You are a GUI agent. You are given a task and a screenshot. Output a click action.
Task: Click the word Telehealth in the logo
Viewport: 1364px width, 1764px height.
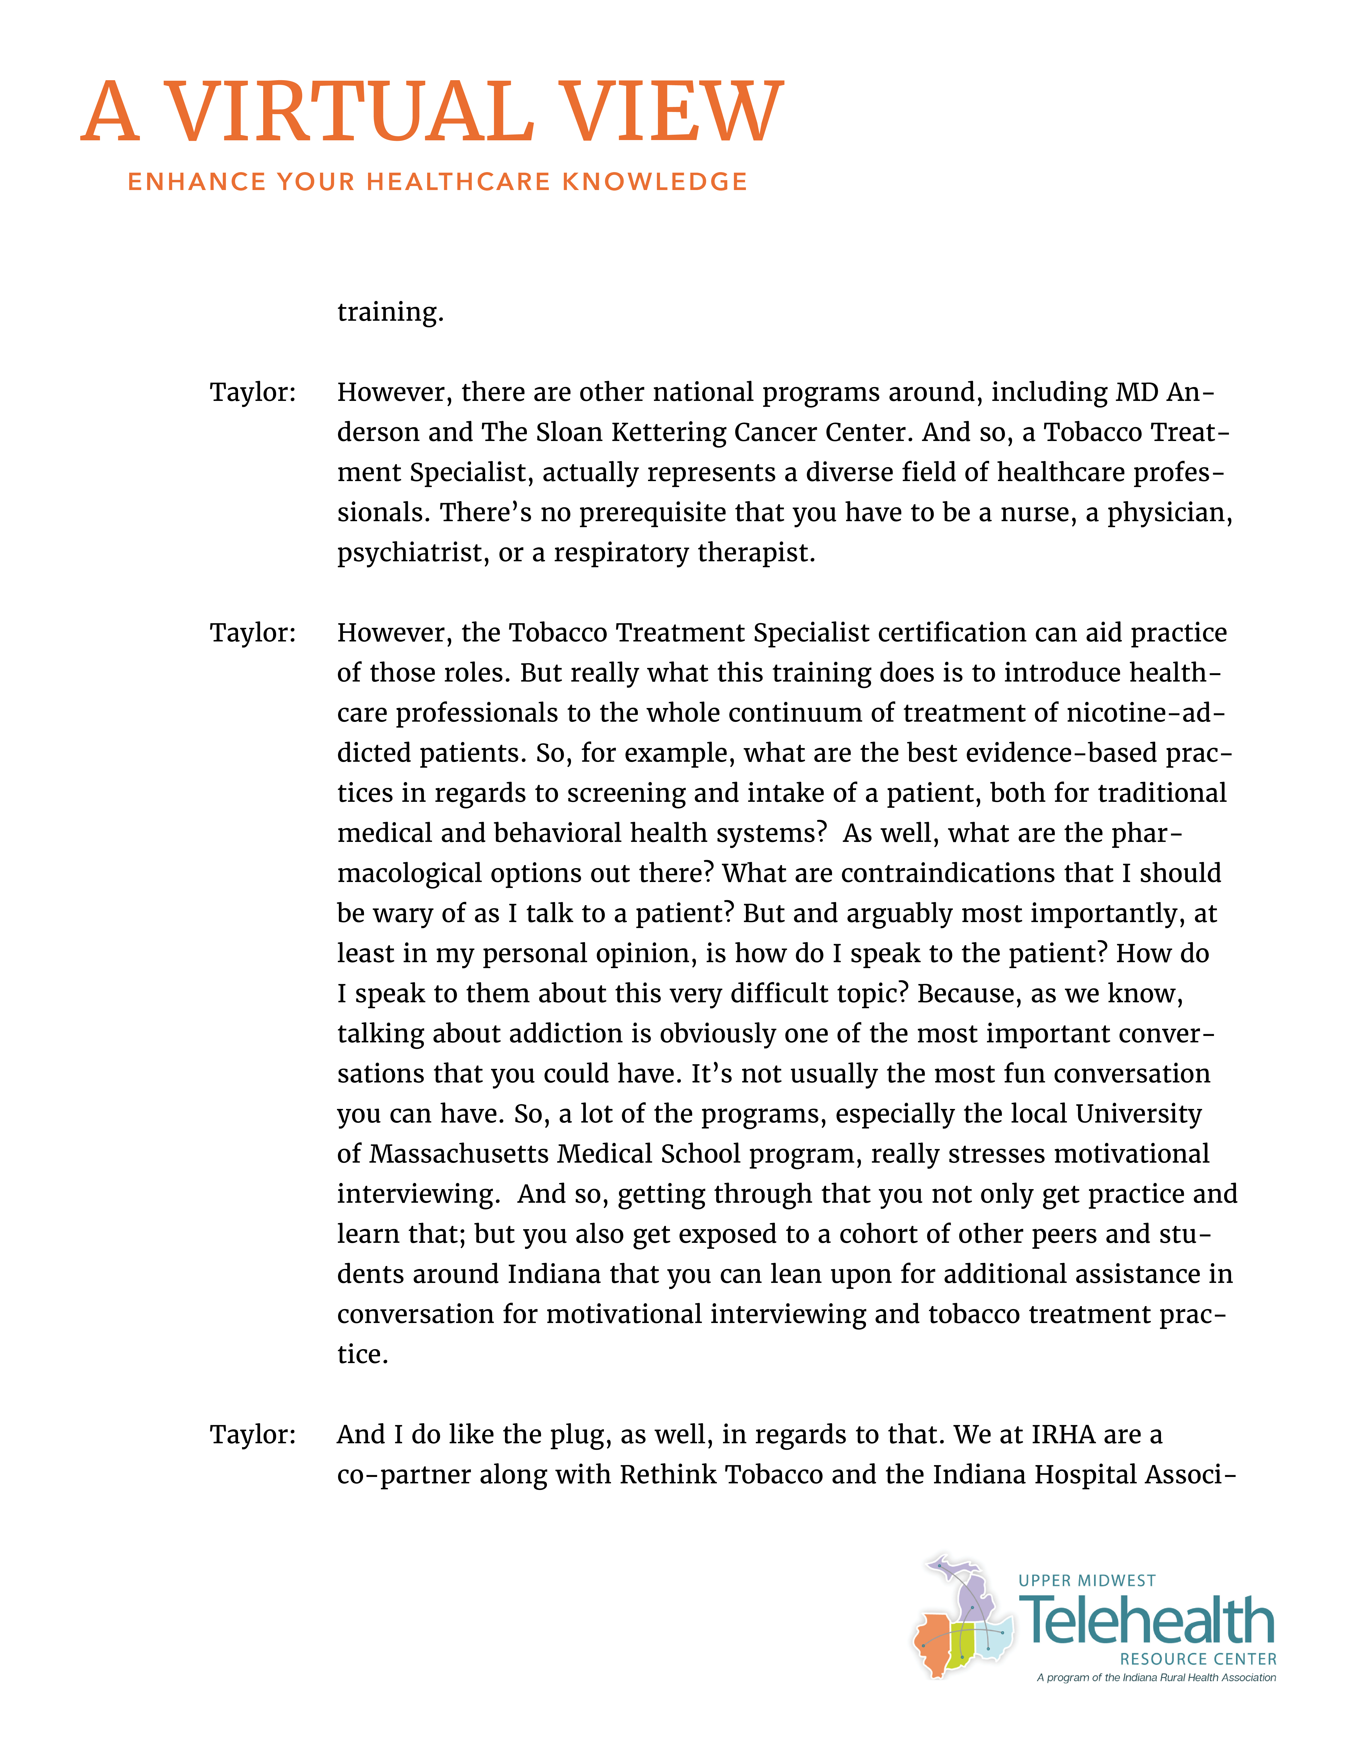(x=1147, y=1621)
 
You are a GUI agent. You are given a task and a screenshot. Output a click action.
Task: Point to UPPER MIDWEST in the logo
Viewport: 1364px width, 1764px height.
(x=1087, y=1581)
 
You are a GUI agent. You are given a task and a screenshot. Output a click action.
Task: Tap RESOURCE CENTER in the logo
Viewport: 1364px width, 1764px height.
(x=1198, y=1659)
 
